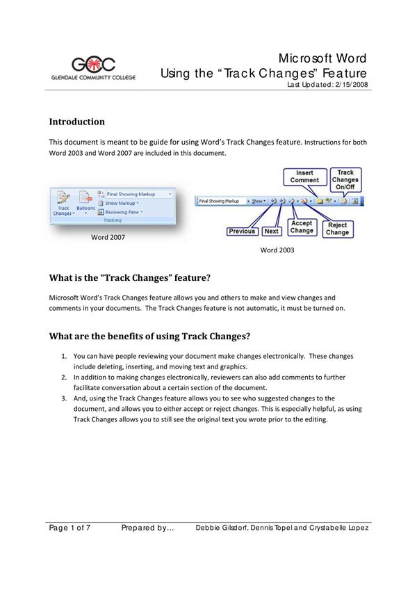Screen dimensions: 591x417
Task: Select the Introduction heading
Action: [76, 122]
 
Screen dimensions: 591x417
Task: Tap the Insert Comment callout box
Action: [305, 177]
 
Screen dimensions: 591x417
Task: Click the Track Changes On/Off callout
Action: [345, 179]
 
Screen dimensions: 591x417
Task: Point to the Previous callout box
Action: [242, 232]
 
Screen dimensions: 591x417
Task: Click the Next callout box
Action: [272, 232]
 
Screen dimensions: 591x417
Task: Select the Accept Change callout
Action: [302, 227]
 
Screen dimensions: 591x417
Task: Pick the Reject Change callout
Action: [337, 228]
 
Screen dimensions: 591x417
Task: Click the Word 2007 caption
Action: [108, 237]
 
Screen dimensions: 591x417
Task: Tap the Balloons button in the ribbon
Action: [86, 202]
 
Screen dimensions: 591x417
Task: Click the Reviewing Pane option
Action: [124, 211]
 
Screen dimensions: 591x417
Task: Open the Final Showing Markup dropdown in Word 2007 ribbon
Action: [135, 194]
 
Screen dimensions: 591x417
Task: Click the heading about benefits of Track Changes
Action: [149, 337]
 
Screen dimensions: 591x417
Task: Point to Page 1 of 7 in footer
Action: [69, 528]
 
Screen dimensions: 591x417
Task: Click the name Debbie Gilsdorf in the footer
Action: [223, 528]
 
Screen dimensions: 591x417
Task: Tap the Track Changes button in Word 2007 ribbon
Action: [63, 202]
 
